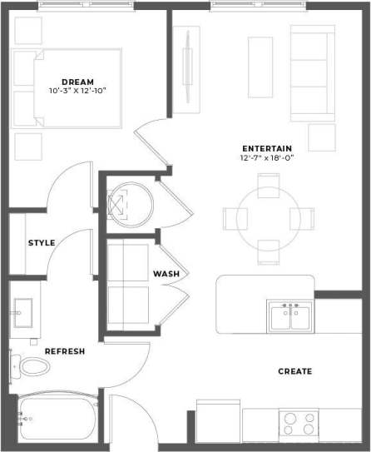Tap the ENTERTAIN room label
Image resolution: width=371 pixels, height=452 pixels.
click(267, 147)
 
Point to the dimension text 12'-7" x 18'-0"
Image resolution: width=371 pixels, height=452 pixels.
click(267, 158)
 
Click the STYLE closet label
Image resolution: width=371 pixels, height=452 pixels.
click(42, 243)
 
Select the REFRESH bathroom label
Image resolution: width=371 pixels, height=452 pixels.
click(64, 351)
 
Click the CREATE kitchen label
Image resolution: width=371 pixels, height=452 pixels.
click(294, 371)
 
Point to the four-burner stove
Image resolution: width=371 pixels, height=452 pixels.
click(299, 424)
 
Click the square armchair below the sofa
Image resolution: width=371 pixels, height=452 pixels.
click(323, 137)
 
